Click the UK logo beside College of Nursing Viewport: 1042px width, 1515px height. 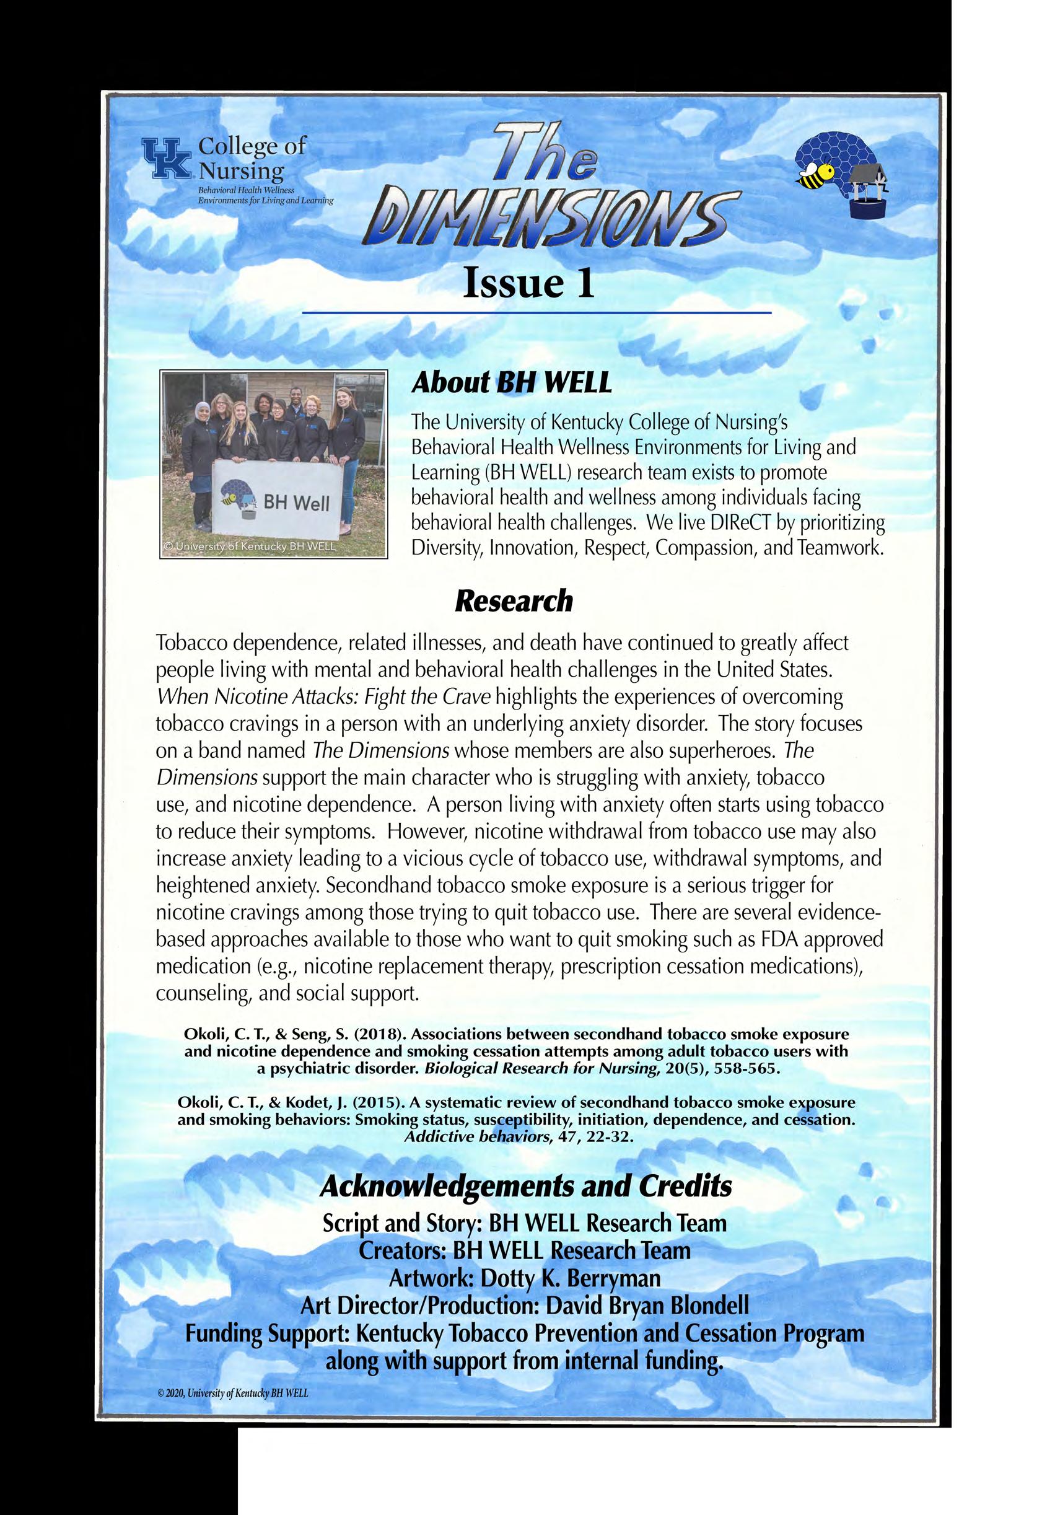click(x=167, y=157)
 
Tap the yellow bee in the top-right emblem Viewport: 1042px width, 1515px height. click(x=815, y=173)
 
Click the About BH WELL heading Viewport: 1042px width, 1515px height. click(x=511, y=384)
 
